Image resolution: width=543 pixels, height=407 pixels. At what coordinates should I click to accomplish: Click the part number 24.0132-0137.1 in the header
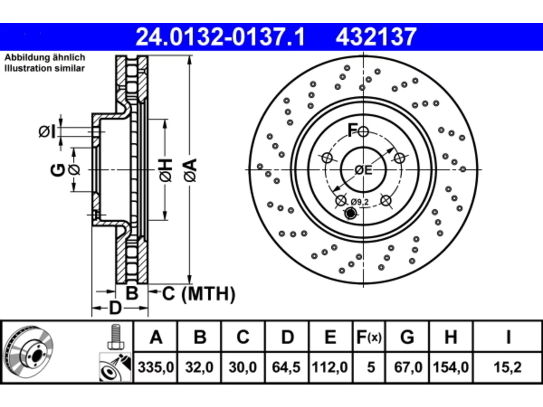click(220, 37)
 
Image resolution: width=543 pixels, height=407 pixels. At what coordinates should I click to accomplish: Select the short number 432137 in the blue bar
click(376, 37)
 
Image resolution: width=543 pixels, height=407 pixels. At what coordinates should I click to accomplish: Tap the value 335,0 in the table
click(156, 368)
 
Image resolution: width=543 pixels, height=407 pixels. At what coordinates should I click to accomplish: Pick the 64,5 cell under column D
click(286, 368)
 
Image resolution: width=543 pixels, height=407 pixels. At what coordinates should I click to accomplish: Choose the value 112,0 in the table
click(330, 368)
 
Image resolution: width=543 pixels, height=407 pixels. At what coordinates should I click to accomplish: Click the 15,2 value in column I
click(508, 368)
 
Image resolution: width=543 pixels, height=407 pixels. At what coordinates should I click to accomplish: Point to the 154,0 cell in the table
click(451, 368)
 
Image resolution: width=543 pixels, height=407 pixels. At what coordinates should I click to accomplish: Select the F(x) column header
click(369, 337)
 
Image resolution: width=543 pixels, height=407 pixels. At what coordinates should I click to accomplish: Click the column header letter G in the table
click(407, 337)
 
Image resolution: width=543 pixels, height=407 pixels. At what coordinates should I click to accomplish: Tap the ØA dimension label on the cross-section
click(190, 170)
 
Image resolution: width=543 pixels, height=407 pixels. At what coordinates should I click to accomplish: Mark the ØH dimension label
click(165, 170)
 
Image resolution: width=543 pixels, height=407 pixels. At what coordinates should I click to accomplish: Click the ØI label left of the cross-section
click(47, 131)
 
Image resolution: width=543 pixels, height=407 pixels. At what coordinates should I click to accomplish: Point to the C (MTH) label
click(199, 294)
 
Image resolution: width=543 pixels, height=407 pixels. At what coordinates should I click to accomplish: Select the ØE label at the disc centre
click(363, 170)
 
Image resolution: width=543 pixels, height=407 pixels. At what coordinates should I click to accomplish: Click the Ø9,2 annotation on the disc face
click(360, 202)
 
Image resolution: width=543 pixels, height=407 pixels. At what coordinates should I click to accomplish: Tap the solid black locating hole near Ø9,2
click(350, 213)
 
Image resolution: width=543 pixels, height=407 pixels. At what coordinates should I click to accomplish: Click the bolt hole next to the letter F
click(363, 131)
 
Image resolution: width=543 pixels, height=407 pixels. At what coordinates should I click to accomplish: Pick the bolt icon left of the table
click(116, 337)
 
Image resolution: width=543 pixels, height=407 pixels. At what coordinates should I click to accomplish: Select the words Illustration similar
click(45, 68)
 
